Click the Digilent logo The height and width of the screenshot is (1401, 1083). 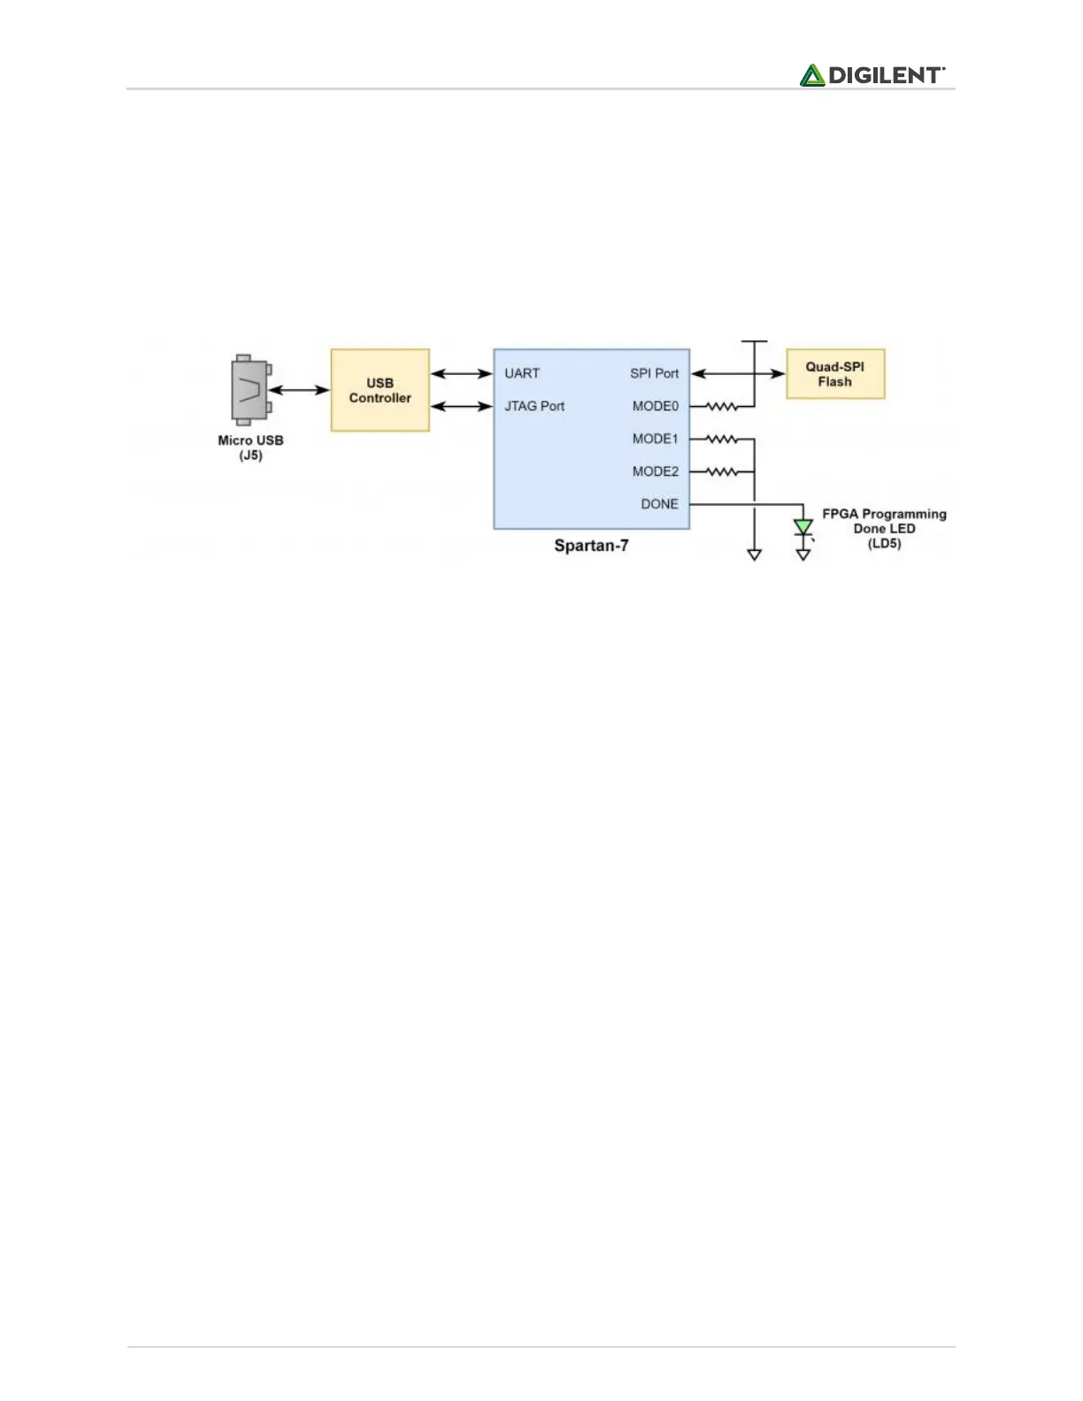[x=872, y=75]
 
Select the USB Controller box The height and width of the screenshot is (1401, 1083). [x=380, y=390]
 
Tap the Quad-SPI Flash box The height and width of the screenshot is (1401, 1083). [x=834, y=374]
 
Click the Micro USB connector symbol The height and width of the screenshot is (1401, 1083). [x=250, y=389]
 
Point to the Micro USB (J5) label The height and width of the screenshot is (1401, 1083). [x=250, y=448]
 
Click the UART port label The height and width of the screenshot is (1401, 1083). [x=522, y=373]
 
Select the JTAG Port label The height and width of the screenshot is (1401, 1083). [x=534, y=406]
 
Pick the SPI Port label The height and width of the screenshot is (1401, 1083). [x=654, y=373]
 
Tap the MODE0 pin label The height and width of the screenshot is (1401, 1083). [x=655, y=406]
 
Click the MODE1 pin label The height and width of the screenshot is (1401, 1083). [x=655, y=439]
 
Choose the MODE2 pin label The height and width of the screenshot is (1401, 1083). [x=655, y=471]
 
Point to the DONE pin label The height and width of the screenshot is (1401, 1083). [x=659, y=504]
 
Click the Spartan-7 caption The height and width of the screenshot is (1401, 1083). [x=591, y=546]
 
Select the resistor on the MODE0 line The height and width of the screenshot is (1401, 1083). [x=722, y=407]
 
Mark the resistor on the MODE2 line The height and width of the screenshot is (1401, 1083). [x=722, y=472]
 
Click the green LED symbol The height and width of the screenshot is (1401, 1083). [x=803, y=527]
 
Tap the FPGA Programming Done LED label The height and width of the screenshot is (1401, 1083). [x=884, y=528]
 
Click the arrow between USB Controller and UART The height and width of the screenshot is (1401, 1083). [x=461, y=374]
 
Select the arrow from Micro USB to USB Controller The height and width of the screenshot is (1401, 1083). [x=300, y=390]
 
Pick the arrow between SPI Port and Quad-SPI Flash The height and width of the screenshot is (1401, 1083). [x=738, y=374]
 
